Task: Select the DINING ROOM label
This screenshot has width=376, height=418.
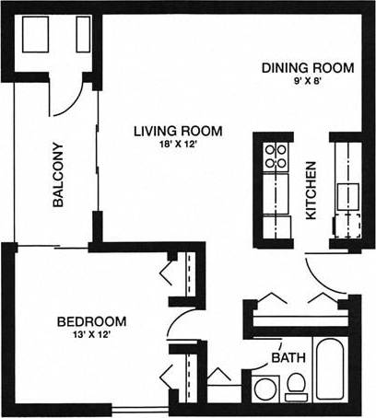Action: tap(308, 67)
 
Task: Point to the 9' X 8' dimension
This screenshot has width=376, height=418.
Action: tap(308, 81)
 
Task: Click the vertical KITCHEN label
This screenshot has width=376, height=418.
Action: tap(311, 191)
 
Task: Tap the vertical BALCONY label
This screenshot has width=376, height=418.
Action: tap(57, 175)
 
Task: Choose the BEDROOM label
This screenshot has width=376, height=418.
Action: tap(91, 321)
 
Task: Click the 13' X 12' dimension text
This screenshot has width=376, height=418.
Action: tap(91, 336)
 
